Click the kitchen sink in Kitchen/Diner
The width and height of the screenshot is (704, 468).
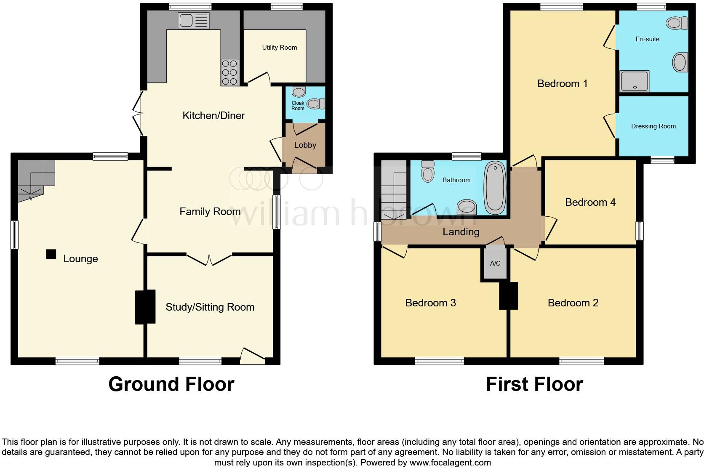193,20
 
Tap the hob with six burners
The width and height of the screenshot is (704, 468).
229,72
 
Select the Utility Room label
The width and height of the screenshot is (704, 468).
280,48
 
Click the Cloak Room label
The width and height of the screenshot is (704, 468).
298,106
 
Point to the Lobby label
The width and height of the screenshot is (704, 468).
305,145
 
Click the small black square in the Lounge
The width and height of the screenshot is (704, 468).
51,254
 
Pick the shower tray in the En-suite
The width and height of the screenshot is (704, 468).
634,81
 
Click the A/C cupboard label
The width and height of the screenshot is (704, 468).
495,263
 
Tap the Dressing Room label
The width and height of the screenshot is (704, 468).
653,126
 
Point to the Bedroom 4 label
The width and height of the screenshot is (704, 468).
590,202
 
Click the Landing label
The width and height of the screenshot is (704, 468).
461,232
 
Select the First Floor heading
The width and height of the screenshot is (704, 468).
534,384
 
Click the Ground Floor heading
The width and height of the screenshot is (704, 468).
171,384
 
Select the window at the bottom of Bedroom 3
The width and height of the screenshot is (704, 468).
439,361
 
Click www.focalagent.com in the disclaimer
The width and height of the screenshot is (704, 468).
450,463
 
